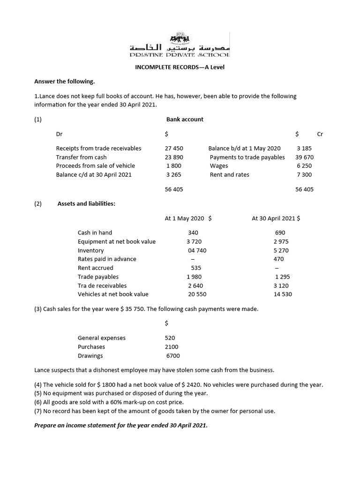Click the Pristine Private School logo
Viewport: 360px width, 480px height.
click(x=180, y=45)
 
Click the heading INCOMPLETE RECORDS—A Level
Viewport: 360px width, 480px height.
click(x=180, y=67)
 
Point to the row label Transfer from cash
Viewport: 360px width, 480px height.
click(x=81, y=157)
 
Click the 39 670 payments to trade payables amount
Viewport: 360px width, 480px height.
click(x=304, y=157)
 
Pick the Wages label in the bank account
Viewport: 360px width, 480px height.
click(x=218, y=165)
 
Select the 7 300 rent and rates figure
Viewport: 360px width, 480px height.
click(x=304, y=174)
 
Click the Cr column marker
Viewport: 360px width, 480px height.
click(x=320, y=134)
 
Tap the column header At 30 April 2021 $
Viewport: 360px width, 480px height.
click(x=276, y=218)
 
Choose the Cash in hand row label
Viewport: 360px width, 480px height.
click(x=95, y=232)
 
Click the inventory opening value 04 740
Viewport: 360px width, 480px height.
click(x=197, y=250)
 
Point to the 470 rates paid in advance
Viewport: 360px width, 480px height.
click(x=278, y=259)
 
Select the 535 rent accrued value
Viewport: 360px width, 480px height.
click(x=196, y=268)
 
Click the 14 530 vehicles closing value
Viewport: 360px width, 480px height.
click(x=283, y=294)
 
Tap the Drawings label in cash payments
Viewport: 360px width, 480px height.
click(x=90, y=356)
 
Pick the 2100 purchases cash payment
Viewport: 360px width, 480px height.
click(x=172, y=347)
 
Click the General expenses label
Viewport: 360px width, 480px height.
click(x=101, y=337)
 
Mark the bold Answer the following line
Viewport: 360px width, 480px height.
click(x=64, y=82)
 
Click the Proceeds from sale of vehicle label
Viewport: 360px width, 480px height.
click(x=95, y=165)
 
